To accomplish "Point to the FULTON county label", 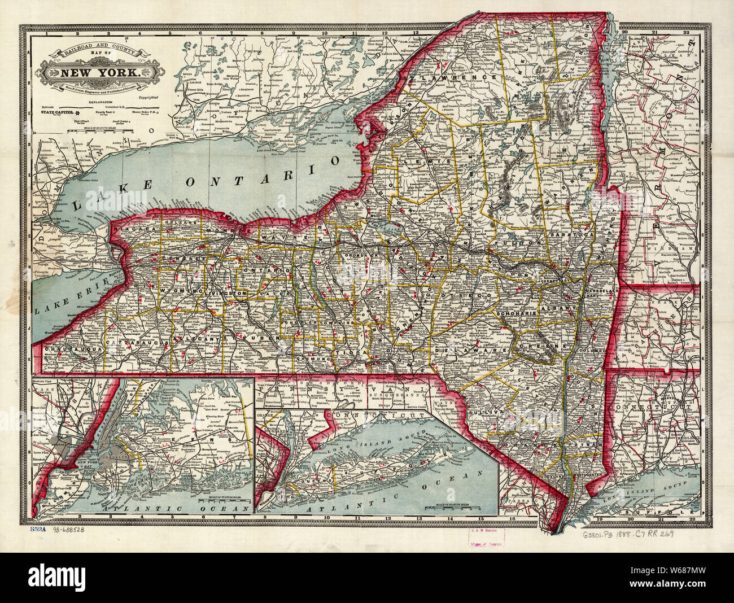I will pyautogui.click(x=510, y=243).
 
